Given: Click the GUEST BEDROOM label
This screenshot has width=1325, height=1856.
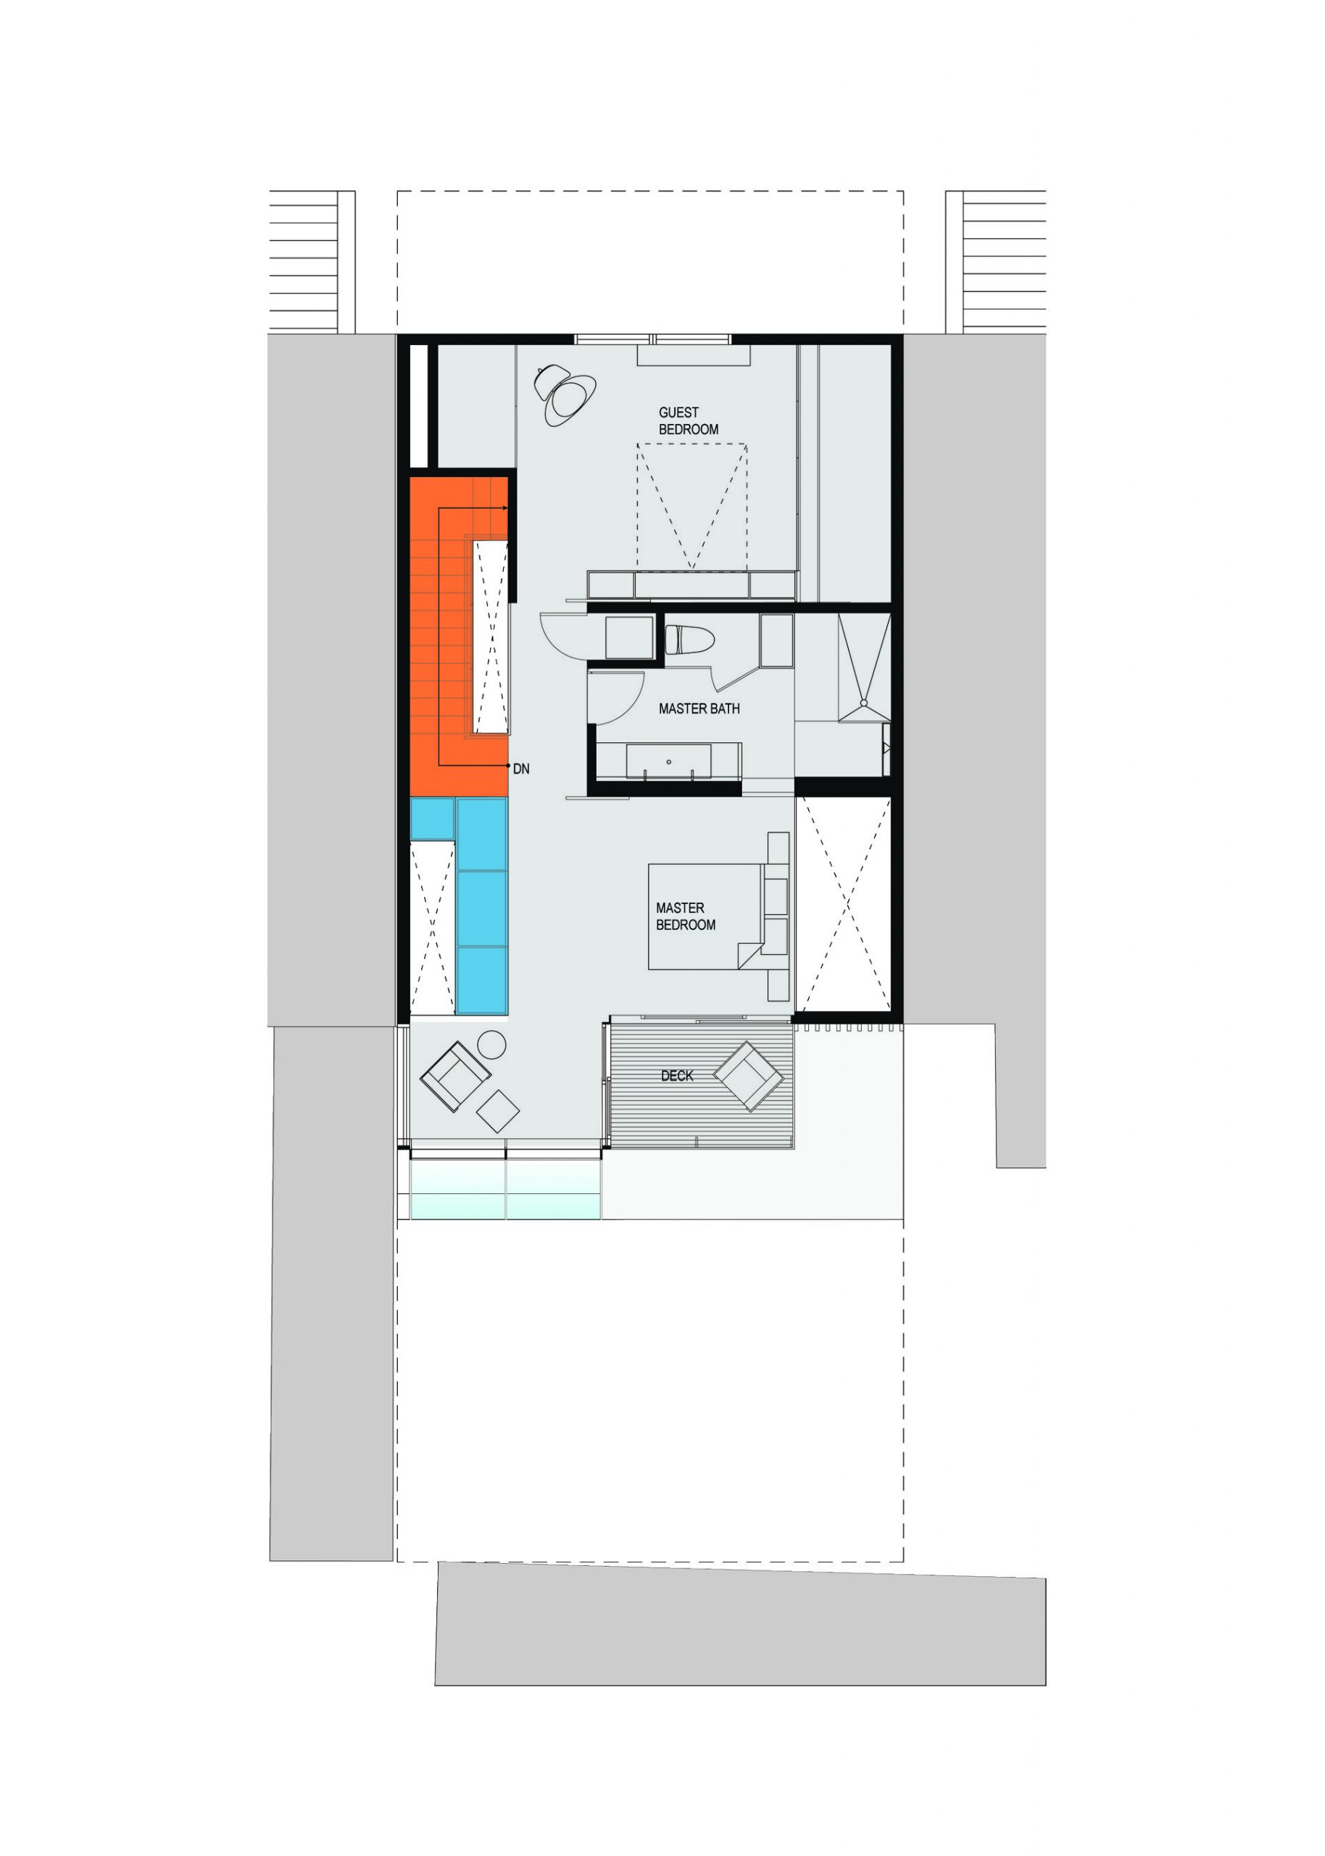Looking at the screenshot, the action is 689,421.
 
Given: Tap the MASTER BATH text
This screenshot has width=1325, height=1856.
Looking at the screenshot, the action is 699,709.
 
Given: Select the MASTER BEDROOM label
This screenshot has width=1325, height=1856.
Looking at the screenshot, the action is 686,916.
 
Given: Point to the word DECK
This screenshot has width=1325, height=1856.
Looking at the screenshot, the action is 677,1076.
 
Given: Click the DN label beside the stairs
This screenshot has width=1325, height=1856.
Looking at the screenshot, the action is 521,768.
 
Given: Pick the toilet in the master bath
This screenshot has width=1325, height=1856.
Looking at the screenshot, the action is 690,639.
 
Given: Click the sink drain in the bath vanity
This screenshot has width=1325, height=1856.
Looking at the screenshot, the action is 668,762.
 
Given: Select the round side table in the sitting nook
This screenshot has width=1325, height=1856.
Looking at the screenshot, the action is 491,1045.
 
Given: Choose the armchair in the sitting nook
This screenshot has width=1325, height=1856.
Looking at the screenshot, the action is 455,1077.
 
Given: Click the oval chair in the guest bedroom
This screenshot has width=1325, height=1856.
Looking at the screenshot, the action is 565,395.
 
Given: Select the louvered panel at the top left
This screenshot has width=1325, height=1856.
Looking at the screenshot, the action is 304,262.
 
